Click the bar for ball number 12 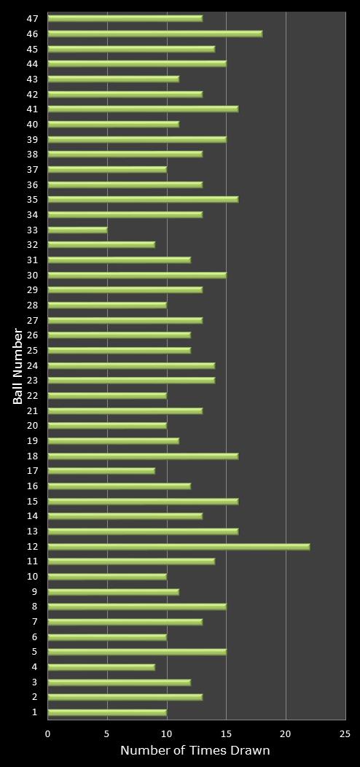pos(179,546)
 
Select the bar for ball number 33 pos(77,230)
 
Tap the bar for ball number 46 pos(154,34)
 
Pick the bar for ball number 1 pos(107,712)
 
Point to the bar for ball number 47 pos(125,18)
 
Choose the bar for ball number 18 pos(143,456)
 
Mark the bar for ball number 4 pos(101,667)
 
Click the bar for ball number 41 pos(143,109)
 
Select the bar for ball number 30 pos(137,275)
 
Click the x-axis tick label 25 pos(345,734)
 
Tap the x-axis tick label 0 pos(48,734)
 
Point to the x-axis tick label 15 pos(226,734)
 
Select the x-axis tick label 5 pos(107,734)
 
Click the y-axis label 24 pos(33,365)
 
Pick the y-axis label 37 pos(33,169)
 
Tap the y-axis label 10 pos(33,577)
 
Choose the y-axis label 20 pos(33,426)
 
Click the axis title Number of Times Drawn pos(195,750)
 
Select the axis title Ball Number pos(18,366)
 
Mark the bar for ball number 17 pos(101,471)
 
